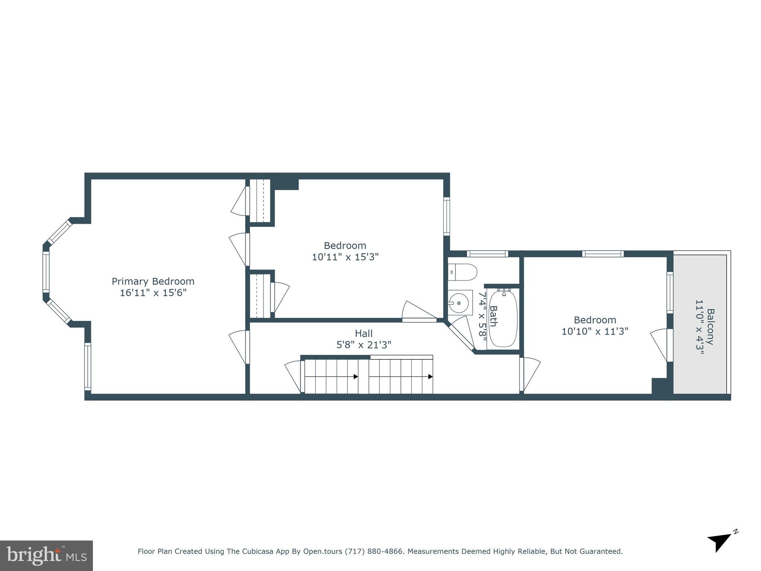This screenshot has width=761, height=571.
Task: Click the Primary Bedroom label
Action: click(x=153, y=281)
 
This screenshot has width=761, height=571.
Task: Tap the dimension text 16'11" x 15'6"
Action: click(x=153, y=293)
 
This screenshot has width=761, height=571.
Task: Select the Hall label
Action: click(x=363, y=333)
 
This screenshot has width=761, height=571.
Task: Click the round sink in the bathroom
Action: click(x=459, y=303)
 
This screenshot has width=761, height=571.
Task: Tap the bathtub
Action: click(x=503, y=319)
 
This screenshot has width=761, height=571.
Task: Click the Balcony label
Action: click(x=710, y=327)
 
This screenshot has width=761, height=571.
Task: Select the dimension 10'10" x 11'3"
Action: click(x=595, y=331)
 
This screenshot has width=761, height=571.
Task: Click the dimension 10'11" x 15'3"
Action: click(x=345, y=257)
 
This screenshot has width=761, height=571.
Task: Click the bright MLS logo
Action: click(x=46, y=555)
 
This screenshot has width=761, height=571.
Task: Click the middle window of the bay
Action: click(x=46, y=271)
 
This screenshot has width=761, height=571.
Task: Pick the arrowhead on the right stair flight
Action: click(x=430, y=377)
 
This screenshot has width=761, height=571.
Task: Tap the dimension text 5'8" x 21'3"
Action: click(x=363, y=345)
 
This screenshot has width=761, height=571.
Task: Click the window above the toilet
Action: click(x=487, y=254)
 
